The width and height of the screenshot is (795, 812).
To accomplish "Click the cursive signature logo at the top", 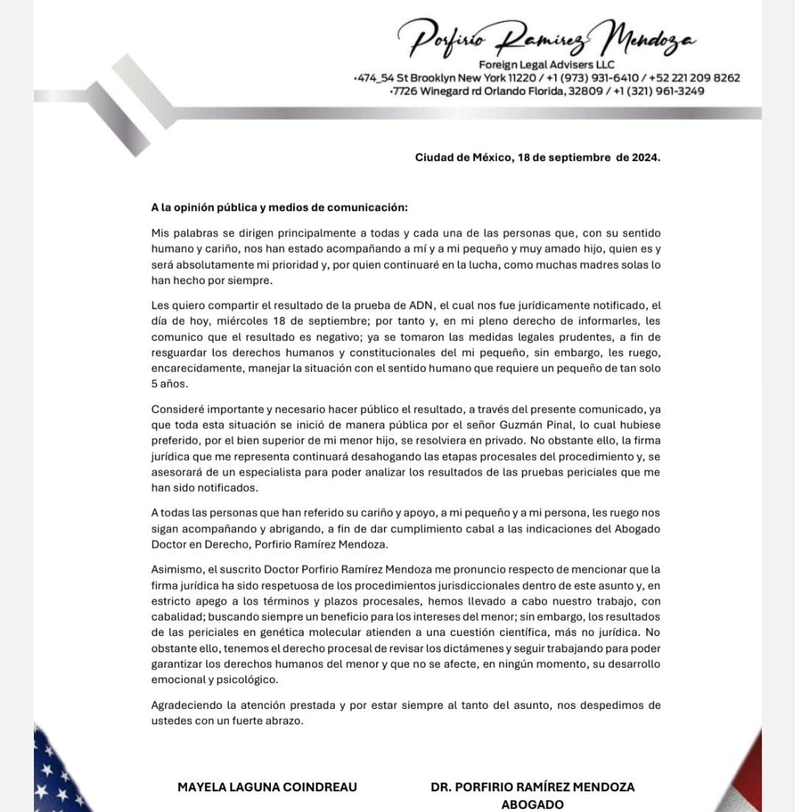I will coord(545,38).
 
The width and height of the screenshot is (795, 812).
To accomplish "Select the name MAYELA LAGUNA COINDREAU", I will coord(267,786).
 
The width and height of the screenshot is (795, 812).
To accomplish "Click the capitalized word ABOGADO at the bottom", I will coord(532,804).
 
